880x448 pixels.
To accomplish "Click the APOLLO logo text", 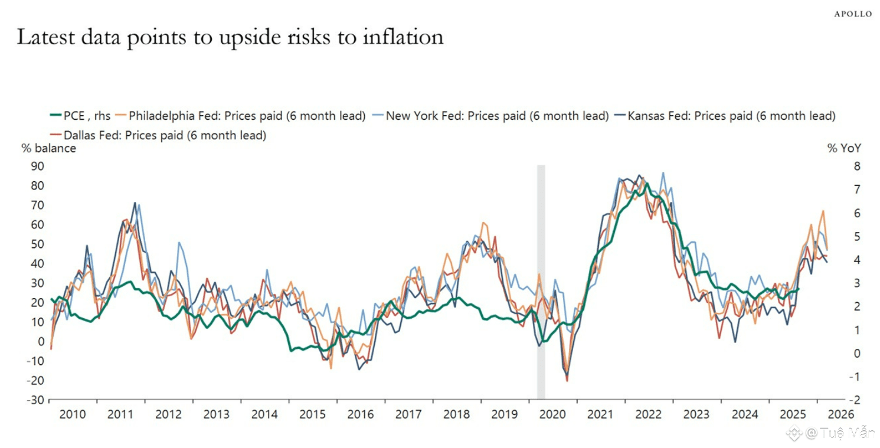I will point(853,14).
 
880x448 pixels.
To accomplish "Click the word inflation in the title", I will point(403,37).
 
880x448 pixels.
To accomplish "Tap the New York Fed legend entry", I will point(496,116).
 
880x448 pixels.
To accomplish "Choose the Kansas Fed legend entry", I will point(731,116).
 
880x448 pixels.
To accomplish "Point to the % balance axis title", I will point(49,148).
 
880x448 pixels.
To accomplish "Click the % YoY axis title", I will point(844,149).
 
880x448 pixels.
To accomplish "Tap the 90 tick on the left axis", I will point(37,166).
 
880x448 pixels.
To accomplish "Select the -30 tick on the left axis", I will point(35,400).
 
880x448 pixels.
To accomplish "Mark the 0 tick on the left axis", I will point(41,342).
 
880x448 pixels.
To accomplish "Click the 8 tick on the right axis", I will point(841,166).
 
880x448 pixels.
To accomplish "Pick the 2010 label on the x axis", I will point(73,414).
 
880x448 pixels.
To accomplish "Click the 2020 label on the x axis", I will point(553,414).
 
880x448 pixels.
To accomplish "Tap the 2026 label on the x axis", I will point(841,414).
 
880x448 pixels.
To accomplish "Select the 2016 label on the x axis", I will point(361,414).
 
